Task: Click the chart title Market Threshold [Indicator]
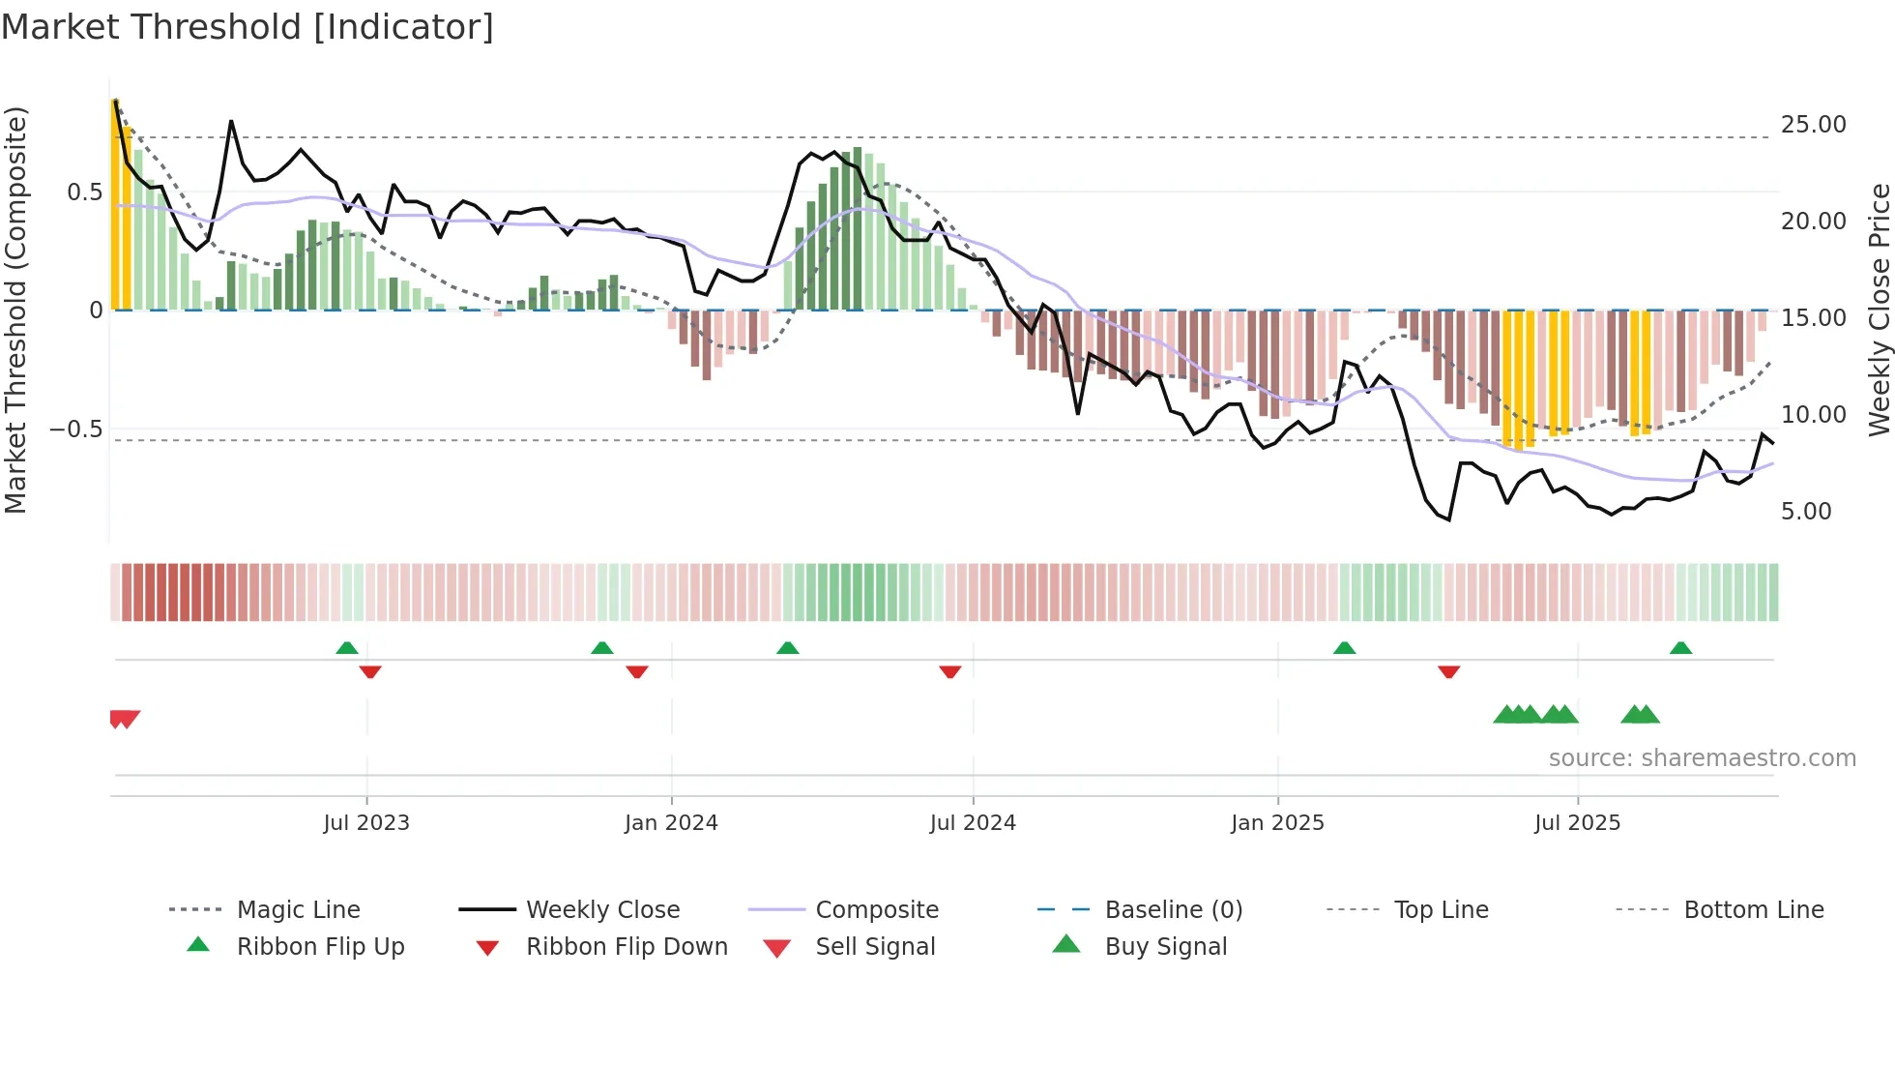[x=248, y=27]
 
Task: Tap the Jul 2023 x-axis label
[x=366, y=823]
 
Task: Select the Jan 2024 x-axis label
[x=671, y=823]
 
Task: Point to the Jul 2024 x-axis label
[x=973, y=823]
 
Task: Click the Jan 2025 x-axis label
[x=1277, y=823]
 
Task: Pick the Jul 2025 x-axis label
[x=1577, y=823]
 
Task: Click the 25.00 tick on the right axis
[x=1813, y=125]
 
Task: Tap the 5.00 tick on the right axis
[x=1806, y=512]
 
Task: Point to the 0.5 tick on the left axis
[x=84, y=192]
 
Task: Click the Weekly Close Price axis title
[x=1879, y=310]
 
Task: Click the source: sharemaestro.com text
[x=1702, y=758]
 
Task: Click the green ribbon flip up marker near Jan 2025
[x=1344, y=648]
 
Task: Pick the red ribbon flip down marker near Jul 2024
[x=950, y=671]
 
